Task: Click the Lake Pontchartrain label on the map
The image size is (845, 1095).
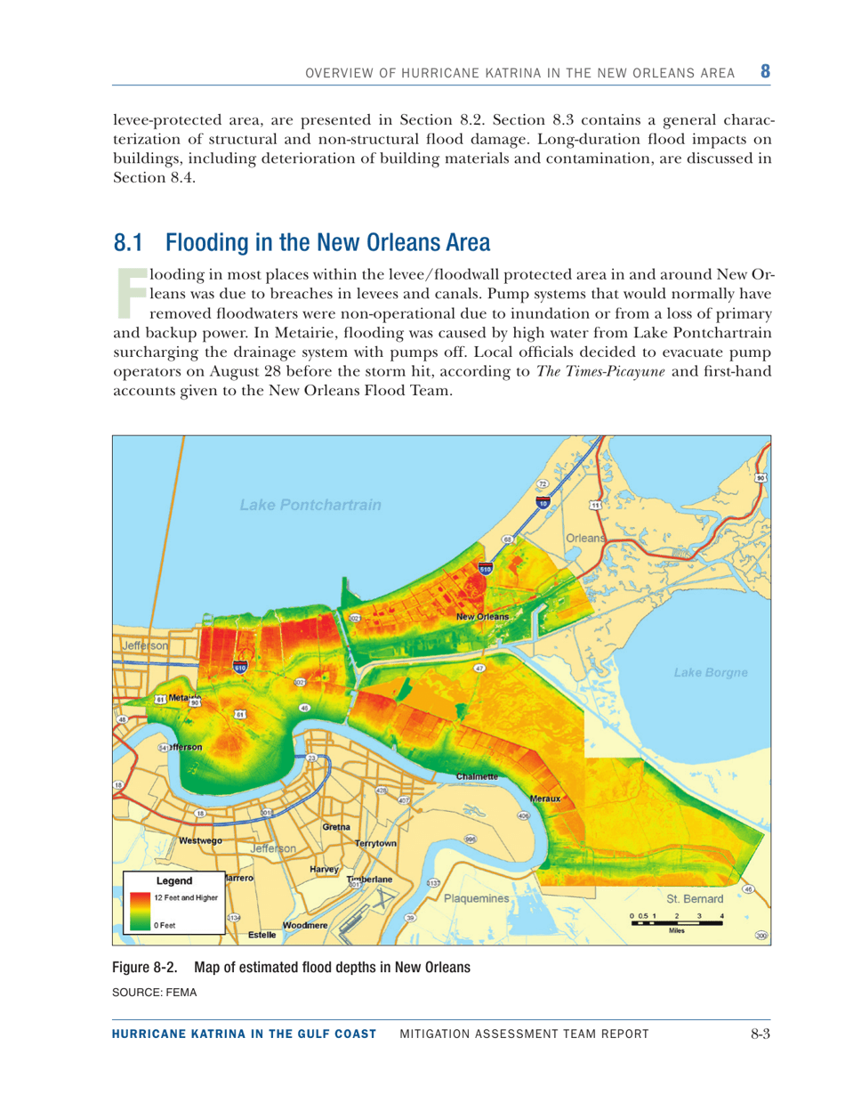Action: [310, 506]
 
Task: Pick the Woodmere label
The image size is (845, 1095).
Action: [307, 926]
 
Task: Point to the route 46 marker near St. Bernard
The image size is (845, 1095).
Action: [748, 888]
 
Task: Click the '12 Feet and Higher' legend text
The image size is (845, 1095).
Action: [185, 896]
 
